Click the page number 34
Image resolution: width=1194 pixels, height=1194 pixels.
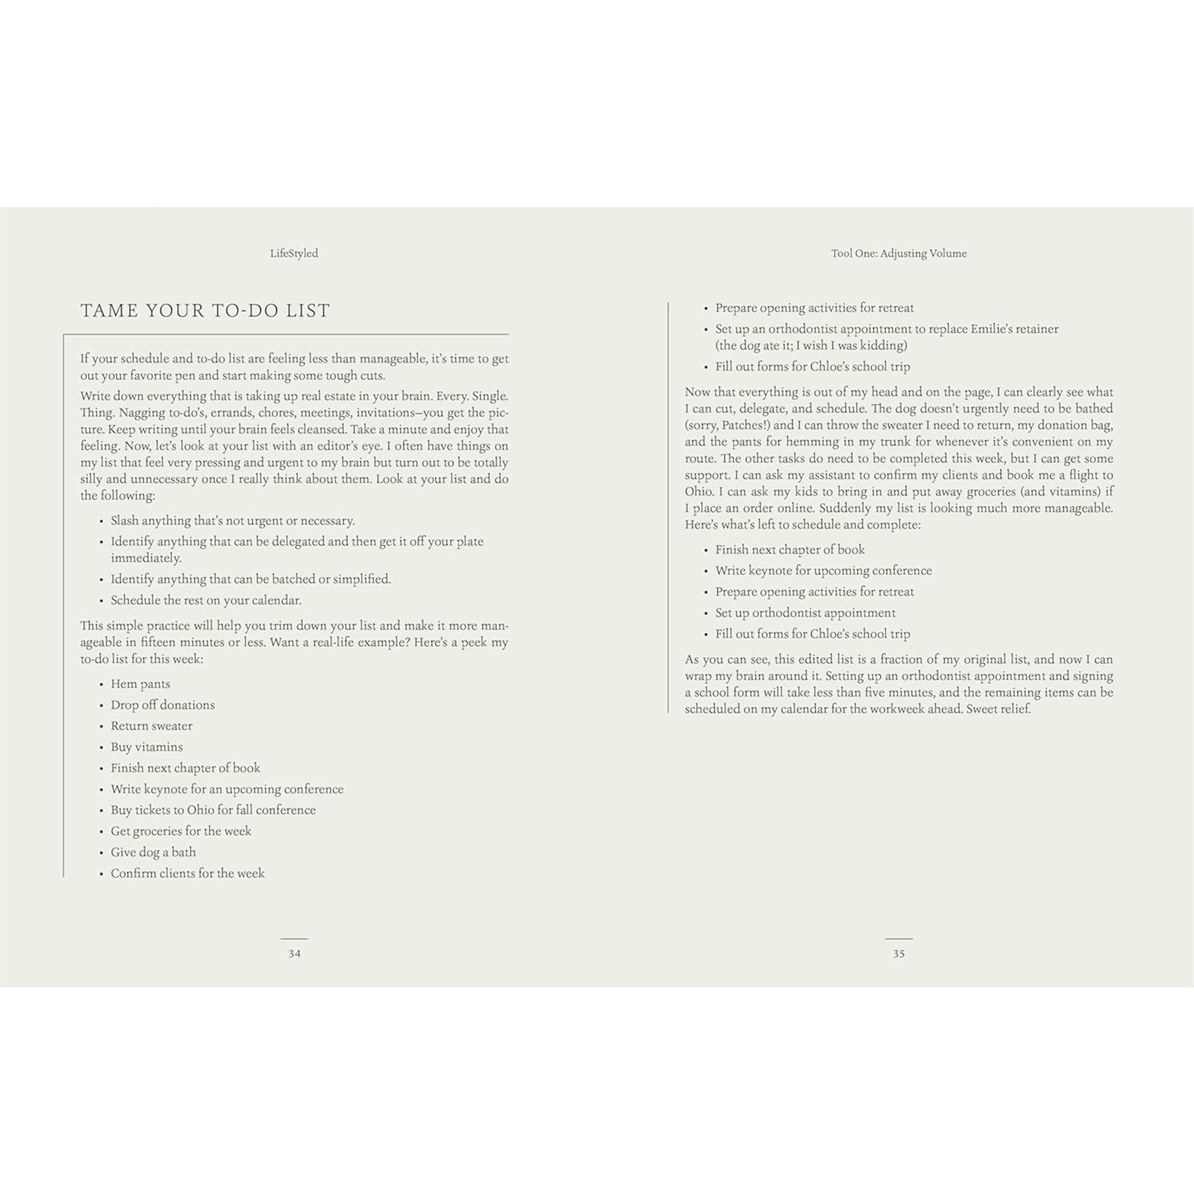tap(294, 954)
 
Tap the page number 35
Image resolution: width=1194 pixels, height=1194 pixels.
tap(898, 954)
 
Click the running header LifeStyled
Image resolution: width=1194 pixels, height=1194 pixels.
tap(294, 253)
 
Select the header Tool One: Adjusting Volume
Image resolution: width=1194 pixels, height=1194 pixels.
tap(898, 253)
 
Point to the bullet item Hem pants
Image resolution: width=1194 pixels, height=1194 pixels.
tap(141, 683)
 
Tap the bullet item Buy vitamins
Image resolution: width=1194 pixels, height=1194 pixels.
tap(146, 747)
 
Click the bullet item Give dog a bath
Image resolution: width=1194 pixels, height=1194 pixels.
tap(153, 852)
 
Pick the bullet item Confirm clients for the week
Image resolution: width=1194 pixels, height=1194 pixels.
tap(187, 873)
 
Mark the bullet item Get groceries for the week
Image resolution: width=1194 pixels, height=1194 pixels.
tap(181, 831)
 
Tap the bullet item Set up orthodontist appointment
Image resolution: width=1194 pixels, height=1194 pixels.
tap(805, 613)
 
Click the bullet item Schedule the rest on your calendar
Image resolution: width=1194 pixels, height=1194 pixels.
tap(206, 599)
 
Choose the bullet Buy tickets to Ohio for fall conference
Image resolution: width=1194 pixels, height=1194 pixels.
tap(213, 810)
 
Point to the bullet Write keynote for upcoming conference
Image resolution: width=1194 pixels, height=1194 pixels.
tap(823, 570)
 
